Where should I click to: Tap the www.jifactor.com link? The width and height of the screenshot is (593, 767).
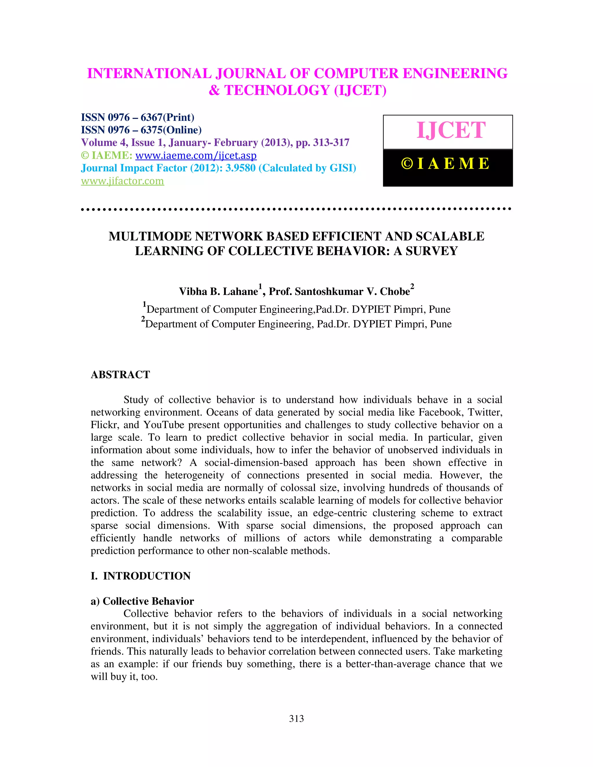pos(122,181)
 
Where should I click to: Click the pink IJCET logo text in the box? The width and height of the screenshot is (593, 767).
pos(451,130)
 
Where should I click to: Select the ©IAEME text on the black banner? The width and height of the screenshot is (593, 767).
pos(445,164)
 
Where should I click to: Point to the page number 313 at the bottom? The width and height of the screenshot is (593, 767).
pos(296,719)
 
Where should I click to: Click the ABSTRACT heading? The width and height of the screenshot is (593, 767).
pos(120,375)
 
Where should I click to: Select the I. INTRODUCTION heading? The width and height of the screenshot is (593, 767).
pos(140,576)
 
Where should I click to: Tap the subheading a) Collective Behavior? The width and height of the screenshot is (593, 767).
pos(142,601)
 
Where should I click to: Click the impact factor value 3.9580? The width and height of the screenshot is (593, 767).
pos(240,168)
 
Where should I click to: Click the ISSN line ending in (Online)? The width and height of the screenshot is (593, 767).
pos(141,130)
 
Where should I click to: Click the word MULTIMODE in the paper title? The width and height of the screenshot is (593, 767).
pos(150,236)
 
